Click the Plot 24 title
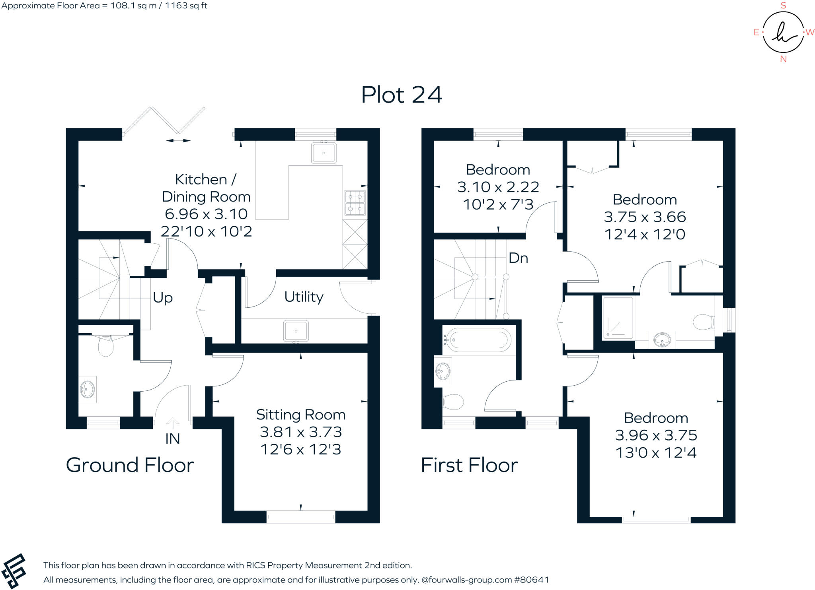click(x=402, y=95)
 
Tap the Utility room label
click(x=304, y=297)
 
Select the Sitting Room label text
click(x=300, y=415)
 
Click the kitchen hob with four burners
click(x=355, y=203)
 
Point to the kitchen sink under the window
click(x=324, y=153)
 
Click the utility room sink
click(x=296, y=331)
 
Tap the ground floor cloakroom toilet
click(x=106, y=345)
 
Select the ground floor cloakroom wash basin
click(x=88, y=389)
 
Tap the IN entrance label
click(x=172, y=439)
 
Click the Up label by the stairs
click(x=163, y=297)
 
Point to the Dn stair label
click(x=518, y=258)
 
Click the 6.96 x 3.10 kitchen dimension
click(x=206, y=214)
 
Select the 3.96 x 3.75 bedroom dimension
click(x=656, y=435)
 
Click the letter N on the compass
click(x=784, y=59)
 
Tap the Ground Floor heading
click(x=130, y=465)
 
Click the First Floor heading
click(x=469, y=465)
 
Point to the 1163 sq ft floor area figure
click(x=186, y=6)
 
